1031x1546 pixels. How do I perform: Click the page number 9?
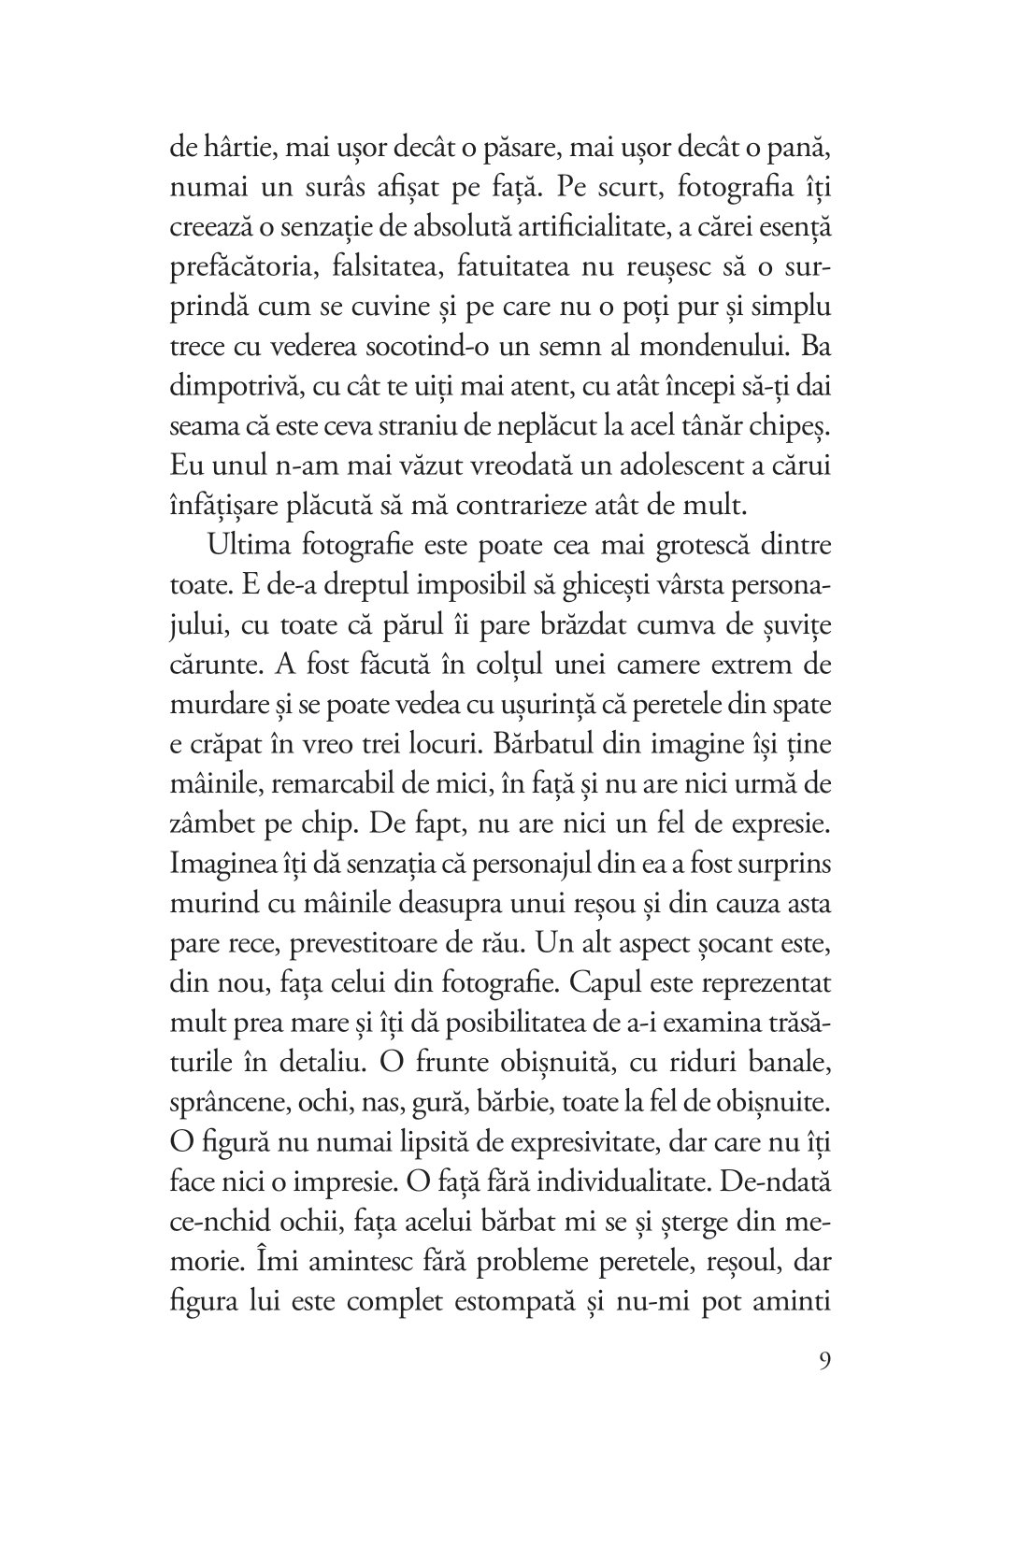point(823,1385)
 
